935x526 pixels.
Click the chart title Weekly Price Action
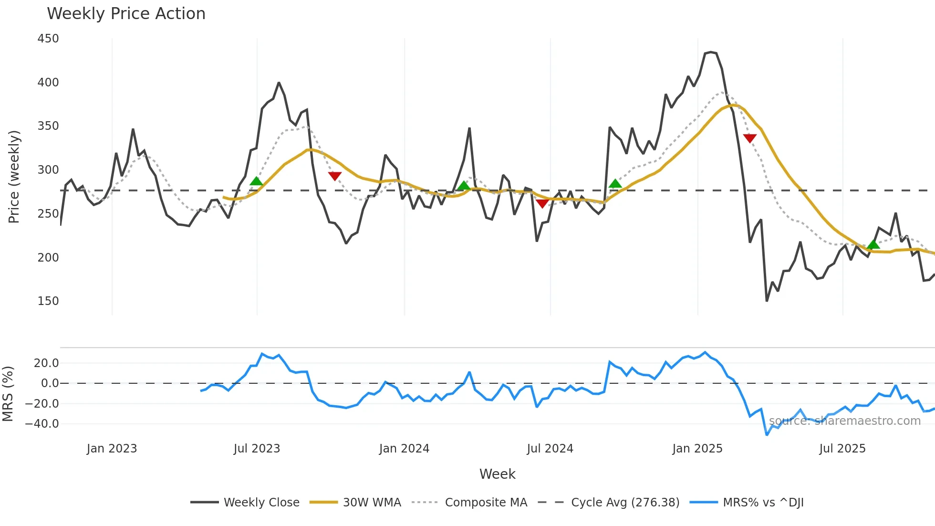(126, 14)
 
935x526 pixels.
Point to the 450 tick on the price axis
(48, 39)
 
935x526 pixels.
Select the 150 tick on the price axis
(48, 301)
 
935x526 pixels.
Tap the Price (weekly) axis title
(14, 177)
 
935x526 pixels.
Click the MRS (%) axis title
(8, 394)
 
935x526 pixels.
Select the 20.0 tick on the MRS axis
(46, 363)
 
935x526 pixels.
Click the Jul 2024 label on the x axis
(550, 449)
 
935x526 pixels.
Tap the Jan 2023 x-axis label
(112, 449)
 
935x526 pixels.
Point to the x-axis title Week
(497, 474)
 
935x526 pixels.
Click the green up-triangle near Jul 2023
(256, 181)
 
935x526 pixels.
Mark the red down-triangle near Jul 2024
(542, 204)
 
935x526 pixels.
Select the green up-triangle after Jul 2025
(873, 245)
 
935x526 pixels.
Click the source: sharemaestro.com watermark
(844, 421)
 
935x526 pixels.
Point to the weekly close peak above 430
(710, 52)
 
